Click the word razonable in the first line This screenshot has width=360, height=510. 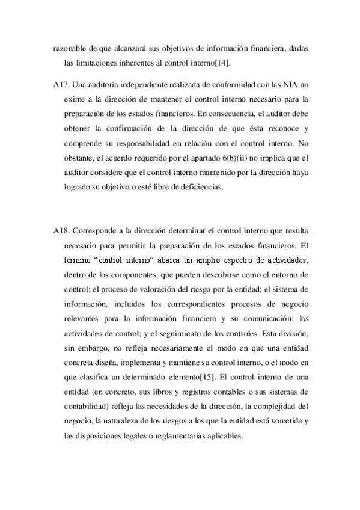[70, 49]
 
